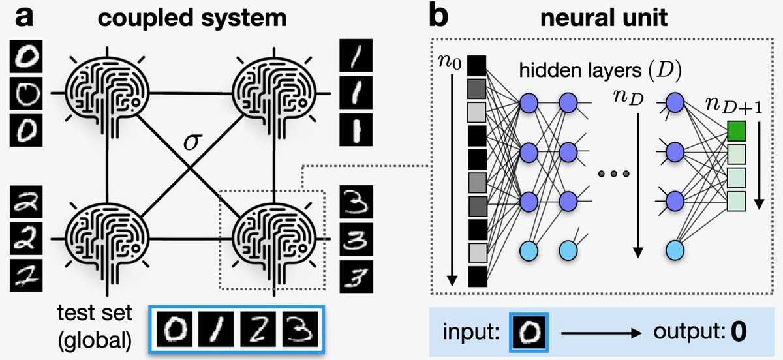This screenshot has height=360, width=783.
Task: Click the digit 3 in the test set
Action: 299,329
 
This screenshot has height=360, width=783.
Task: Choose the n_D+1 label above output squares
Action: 736,105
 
